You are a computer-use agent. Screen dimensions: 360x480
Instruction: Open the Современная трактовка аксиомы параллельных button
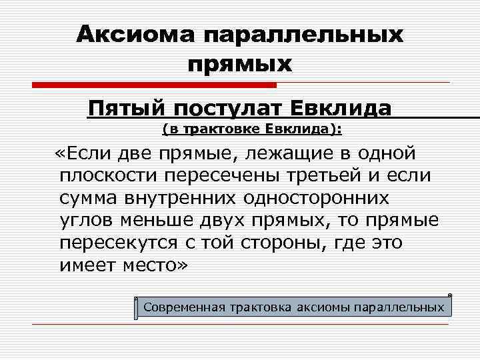coord(293,307)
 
